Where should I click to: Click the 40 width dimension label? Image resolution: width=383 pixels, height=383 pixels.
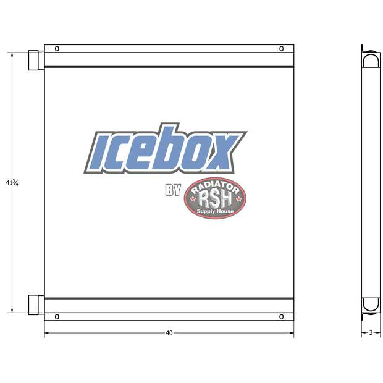click(x=169, y=333)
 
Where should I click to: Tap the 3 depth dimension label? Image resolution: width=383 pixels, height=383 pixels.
click(x=370, y=333)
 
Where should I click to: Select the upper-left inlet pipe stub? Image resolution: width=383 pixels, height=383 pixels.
click(x=35, y=61)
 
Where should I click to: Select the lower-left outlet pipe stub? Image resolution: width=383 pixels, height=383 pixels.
click(x=35, y=305)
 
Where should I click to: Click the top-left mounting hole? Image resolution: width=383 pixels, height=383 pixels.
click(x=57, y=49)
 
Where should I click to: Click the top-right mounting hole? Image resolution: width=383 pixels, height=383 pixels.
click(x=281, y=49)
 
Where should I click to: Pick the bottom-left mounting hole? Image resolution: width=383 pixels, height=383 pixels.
click(x=57, y=317)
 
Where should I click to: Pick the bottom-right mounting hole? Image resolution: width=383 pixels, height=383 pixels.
click(x=281, y=317)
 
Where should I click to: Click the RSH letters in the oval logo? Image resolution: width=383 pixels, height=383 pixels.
click(x=214, y=199)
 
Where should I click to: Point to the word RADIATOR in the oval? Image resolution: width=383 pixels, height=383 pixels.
click(x=216, y=185)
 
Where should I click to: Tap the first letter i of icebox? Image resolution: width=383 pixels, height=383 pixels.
click(x=99, y=152)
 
